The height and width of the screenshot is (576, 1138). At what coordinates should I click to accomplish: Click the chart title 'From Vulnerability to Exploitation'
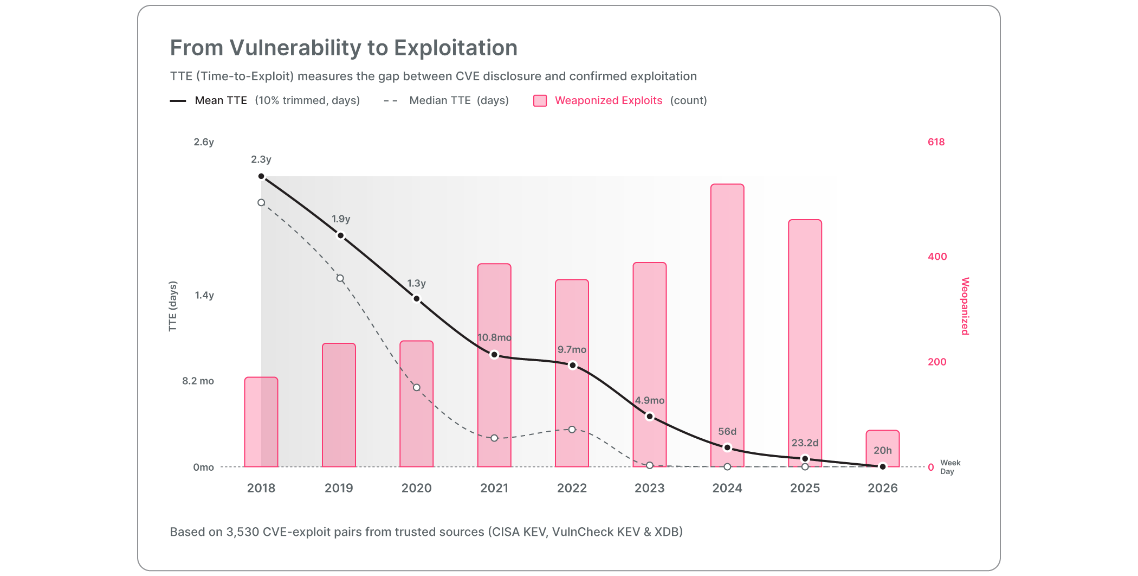tap(344, 48)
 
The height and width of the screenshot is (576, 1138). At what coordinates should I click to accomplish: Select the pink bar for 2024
tap(727, 325)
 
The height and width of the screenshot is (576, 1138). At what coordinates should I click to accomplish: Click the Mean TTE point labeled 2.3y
tap(261, 176)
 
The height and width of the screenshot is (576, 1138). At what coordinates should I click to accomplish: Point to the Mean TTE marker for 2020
tap(417, 299)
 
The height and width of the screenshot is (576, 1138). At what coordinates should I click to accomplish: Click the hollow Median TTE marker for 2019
tap(340, 279)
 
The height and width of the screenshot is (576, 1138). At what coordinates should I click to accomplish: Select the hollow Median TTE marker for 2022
tap(572, 430)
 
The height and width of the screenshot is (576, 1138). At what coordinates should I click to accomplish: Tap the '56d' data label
tap(727, 432)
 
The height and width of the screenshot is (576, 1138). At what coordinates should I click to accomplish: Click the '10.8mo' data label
tap(494, 337)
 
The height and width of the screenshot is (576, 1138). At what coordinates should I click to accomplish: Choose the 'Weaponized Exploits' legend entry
tap(608, 100)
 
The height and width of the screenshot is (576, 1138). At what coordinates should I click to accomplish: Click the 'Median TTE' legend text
tap(439, 100)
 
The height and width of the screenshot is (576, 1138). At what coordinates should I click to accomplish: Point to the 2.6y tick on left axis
tap(204, 142)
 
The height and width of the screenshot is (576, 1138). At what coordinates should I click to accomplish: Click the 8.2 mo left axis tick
tap(198, 381)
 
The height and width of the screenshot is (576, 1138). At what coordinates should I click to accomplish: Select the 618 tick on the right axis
tap(936, 142)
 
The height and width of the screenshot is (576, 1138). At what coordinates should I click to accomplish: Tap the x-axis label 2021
tap(494, 488)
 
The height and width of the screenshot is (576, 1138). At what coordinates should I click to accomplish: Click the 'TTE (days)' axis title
tap(173, 306)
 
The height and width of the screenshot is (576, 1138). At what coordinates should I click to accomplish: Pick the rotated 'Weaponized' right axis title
tap(965, 306)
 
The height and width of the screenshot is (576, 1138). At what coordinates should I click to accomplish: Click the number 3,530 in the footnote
tap(242, 532)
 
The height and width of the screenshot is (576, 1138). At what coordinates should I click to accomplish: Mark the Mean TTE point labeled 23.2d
tap(805, 459)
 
